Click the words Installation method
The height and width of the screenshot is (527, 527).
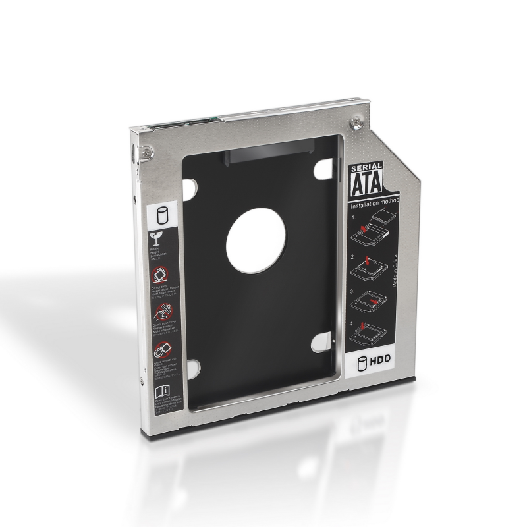(371, 207)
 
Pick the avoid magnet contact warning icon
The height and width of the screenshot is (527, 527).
(159, 348)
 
